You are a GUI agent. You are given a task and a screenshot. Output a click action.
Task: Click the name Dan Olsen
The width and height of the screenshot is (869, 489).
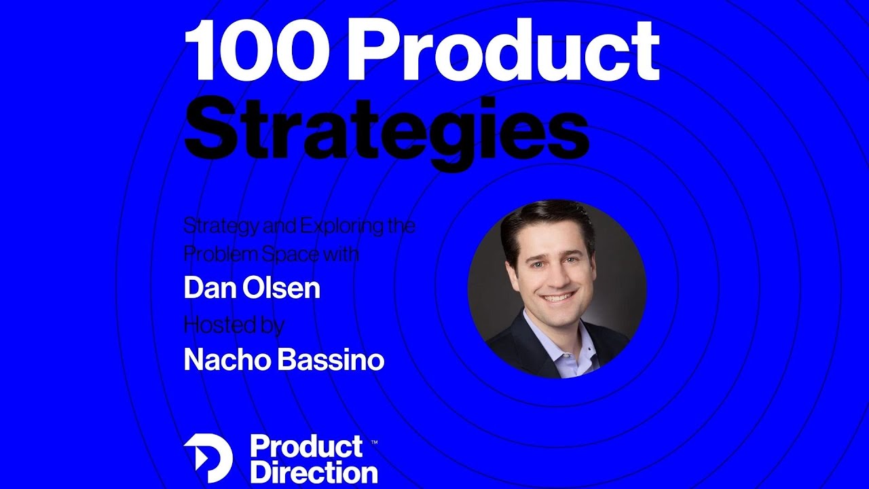[x=252, y=289]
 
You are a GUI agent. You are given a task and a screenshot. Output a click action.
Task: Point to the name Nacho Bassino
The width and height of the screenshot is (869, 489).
[x=284, y=360]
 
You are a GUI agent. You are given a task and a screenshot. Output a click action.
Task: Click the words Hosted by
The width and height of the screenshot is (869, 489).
[x=234, y=325]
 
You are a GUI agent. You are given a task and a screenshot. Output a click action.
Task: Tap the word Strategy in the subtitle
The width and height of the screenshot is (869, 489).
[x=217, y=226]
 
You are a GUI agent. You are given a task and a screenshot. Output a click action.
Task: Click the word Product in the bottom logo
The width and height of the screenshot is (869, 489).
[x=306, y=447]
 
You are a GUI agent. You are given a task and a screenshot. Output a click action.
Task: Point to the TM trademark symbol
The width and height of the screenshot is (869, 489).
[x=374, y=441]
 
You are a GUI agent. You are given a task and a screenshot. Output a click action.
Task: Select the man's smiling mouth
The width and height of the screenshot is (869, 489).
[x=558, y=297]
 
